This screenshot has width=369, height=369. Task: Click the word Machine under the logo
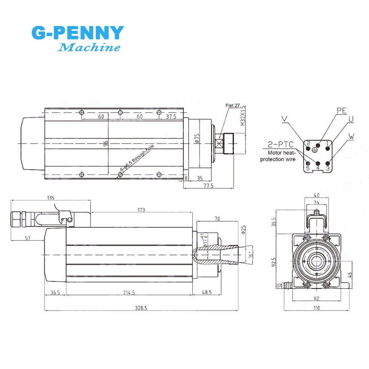90,48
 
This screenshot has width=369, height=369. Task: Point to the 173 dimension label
141,210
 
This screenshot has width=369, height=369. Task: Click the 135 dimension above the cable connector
50,198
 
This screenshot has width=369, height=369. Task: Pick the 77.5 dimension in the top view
208,186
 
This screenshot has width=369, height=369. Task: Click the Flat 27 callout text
233,105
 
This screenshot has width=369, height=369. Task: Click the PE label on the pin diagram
342,110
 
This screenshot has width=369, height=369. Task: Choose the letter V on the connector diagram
284,118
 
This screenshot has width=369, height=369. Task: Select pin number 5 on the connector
308,168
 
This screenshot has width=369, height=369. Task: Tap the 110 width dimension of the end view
317,308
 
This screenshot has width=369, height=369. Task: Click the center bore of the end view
317,261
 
